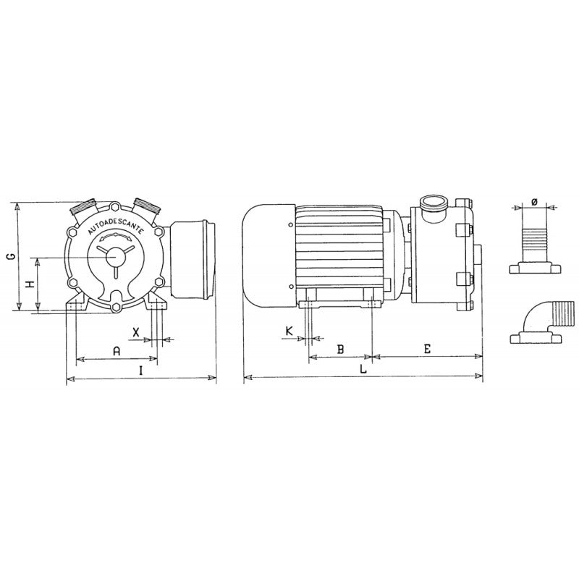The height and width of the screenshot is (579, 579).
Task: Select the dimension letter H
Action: [x=30, y=284]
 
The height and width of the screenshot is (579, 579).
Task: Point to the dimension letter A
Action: [x=116, y=350]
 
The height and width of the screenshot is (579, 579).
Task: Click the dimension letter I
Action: [x=141, y=370]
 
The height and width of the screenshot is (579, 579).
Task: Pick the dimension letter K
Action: [x=289, y=331]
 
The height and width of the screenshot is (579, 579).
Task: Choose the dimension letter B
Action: [x=340, y=349]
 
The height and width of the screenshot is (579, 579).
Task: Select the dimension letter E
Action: [x=427, y=349]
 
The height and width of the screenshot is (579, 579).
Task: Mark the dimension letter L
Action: [x=363, y=368]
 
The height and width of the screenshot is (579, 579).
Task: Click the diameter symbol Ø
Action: [x=534, y=201]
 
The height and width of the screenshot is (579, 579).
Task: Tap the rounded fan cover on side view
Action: [x=266, y=253]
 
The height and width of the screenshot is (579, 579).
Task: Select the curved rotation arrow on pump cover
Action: [x=116, y=235]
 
